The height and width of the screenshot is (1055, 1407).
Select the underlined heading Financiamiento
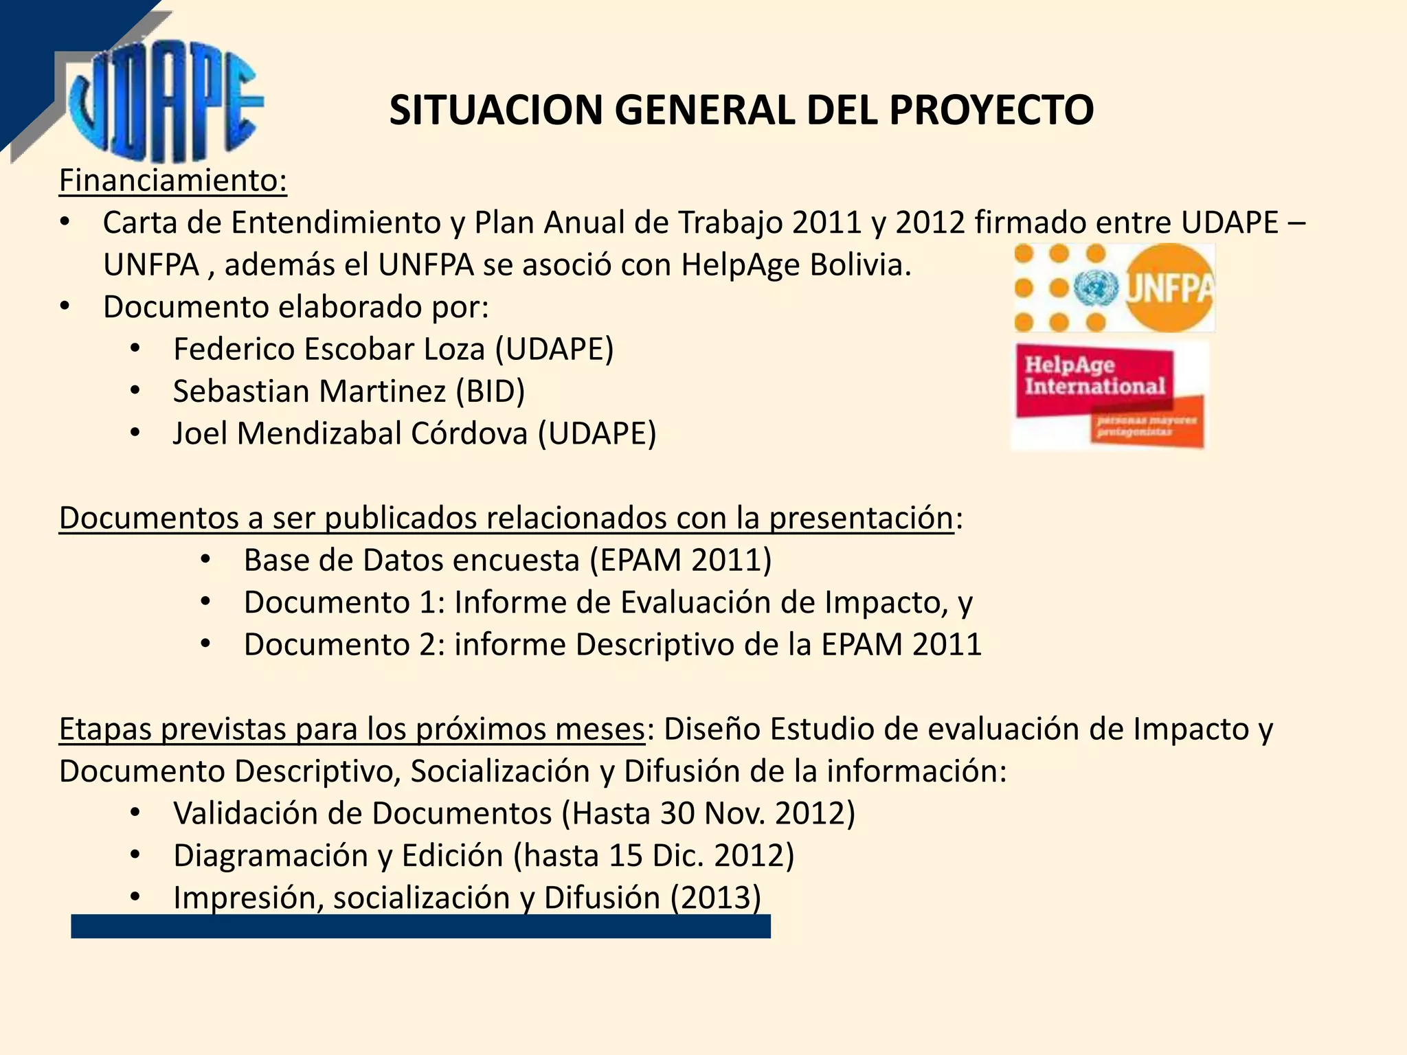[x=172, y=181]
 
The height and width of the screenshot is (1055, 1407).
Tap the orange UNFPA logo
[x=1114, y=288]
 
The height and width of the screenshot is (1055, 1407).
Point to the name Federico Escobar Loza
[x=329, y=349]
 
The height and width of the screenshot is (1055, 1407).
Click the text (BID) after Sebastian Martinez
[x=491, y=392]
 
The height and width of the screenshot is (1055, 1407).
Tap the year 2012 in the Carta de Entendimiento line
[x=930, y=223]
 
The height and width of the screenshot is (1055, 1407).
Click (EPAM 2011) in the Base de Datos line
[x=681, y=560]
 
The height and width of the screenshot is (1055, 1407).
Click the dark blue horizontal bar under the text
[x=420, y=927]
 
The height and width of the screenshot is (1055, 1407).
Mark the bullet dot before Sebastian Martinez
[x=135, y=392]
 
